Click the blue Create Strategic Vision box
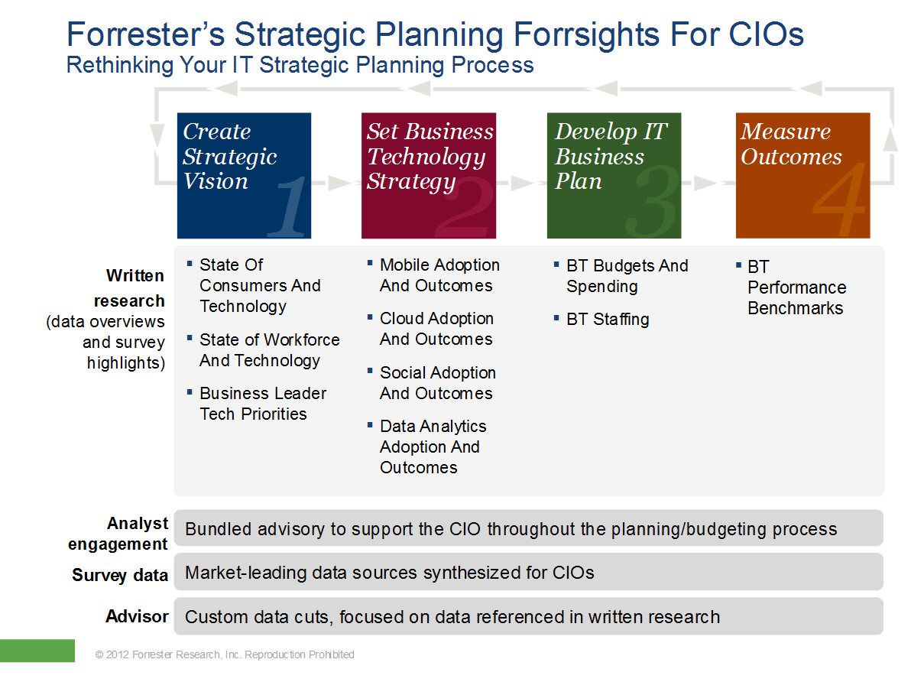244,176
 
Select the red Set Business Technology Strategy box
429,176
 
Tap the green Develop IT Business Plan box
614,176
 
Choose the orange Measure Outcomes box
803,176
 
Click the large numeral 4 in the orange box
839,199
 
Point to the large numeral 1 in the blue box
289,206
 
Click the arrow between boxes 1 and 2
336,183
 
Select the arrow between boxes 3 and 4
708,183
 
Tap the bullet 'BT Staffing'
608,319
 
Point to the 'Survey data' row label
120,575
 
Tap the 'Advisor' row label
137,616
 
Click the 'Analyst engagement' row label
118,534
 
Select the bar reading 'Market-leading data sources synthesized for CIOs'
529,572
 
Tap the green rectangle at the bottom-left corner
37,651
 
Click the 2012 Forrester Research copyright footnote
225,654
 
